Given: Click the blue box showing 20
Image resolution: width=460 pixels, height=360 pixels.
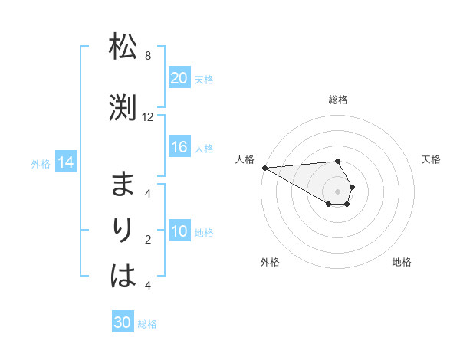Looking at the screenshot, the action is pos(179,78).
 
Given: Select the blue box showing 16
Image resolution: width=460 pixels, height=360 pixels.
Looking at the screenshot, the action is pos(179,147).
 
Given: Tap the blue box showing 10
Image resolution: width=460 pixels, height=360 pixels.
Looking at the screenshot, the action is pos(179,231).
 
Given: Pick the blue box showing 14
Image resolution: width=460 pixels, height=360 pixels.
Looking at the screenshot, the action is pos(65,162).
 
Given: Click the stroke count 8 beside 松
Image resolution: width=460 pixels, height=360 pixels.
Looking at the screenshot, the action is pos(148,56).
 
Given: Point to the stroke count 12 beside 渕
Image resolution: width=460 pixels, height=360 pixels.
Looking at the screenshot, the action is pos(148,117).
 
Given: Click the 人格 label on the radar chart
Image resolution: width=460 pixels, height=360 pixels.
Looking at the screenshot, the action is pos(245,159).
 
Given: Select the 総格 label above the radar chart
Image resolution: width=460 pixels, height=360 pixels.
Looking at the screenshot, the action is pos(337,100).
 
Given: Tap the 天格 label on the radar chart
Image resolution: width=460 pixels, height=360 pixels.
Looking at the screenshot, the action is pos(431,159).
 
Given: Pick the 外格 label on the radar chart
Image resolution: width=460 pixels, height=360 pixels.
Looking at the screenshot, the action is pos(269,262).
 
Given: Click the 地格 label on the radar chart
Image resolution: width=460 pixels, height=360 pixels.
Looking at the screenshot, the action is pos(402,262).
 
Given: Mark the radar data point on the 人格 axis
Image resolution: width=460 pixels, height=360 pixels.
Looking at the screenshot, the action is pos(264,168).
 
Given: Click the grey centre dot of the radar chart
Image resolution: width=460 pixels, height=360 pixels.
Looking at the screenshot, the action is pos(337,191).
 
